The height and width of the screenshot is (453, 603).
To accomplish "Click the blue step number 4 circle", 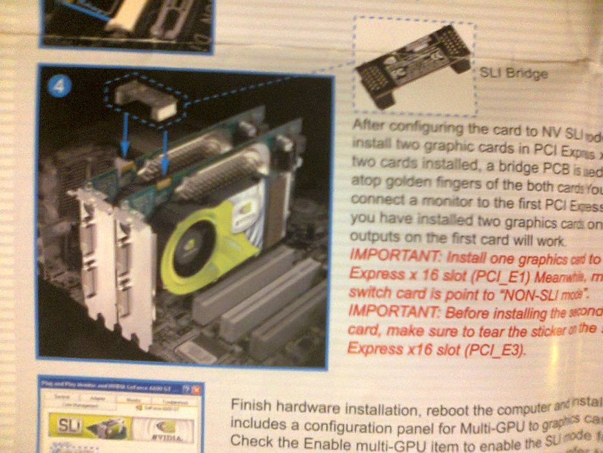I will click(x=58, y=88).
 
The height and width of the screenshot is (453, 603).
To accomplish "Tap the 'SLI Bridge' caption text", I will click(x=514, y=73).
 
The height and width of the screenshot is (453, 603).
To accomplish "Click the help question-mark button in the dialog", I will click(x=186, y=389).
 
